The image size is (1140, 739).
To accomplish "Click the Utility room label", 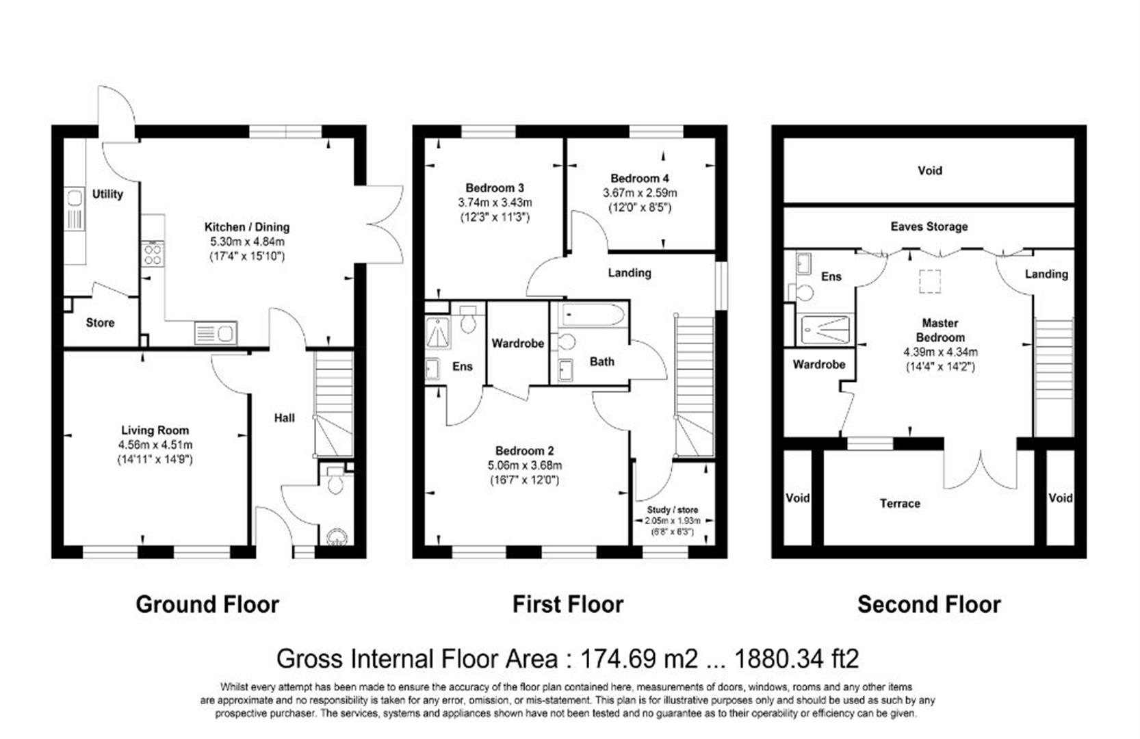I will point(107,194).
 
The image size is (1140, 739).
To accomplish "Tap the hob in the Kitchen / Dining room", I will point(153,255).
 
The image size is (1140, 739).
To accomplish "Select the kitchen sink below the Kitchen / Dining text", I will point(215,333).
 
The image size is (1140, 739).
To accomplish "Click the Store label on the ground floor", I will point(100,322).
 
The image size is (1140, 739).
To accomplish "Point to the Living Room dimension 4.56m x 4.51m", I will point(155,445).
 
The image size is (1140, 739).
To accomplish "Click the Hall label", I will point(284,417).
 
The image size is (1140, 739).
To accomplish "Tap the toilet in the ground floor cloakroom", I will point(335,483).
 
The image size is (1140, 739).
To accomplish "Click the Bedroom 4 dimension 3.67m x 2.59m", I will point(639,193).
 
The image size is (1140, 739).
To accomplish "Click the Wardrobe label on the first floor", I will point(517,343).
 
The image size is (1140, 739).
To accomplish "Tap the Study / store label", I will point(672,510).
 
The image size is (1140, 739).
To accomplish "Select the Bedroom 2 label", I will point(524,451).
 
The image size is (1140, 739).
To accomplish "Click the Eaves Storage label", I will point(929,226).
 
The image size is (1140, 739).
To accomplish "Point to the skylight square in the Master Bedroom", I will point(929,281).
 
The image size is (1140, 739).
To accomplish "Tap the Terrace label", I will point(899,504).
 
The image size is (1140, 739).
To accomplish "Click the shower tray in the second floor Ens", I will point(825,330).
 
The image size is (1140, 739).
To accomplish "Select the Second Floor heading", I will point(929,605).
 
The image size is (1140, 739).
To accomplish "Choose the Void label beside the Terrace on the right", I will point(1060,498).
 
